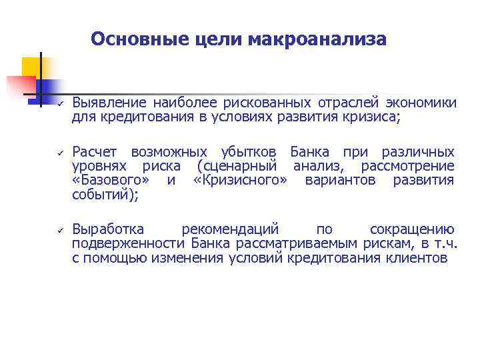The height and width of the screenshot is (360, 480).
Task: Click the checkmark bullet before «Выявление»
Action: tap(59, 104)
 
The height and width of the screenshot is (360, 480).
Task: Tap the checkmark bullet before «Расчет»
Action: tap(59, 153)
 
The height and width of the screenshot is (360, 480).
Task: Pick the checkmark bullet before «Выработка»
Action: tap(59, 230)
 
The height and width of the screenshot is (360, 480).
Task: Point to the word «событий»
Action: tap(99, 195)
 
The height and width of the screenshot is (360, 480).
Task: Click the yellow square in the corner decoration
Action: tap(31, 67)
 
